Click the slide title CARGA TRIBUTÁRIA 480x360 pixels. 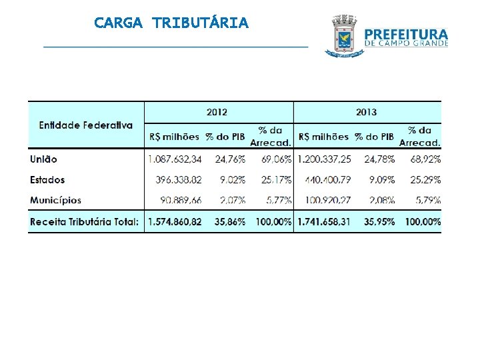tap(171, 23)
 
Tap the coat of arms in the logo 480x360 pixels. tap(344, 37)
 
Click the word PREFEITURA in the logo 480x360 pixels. tap(407, 34)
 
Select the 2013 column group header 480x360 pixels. tap(366, 112)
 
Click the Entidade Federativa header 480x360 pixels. tap(85, 125)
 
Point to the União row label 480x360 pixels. tap(44, 159)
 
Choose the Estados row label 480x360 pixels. tap(47, 180)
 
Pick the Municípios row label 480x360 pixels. tap(55, 200)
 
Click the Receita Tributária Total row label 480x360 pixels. tap(85, 221)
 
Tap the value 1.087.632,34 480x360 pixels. tap(175, 159)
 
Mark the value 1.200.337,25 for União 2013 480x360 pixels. tap(324, 159)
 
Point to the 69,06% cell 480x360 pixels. tap(274, 159)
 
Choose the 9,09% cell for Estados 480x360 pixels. tap(381, 180)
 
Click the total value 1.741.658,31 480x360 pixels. tap(324, 221)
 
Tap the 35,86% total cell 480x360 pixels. tap(230, 221)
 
